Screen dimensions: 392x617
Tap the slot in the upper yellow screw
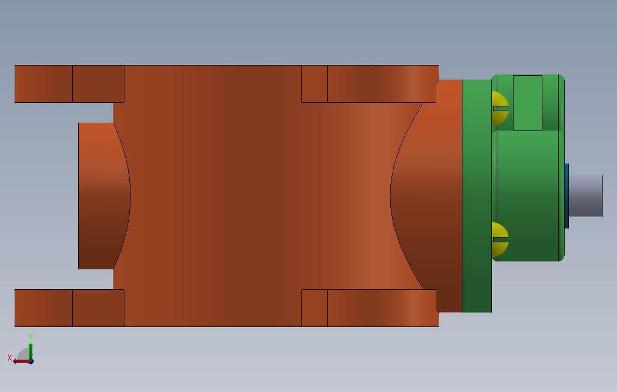pyautogui.click(x=501, y=109)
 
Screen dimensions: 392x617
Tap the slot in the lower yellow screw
pyautogui.click(x=501, y=239)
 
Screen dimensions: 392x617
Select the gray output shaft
pyautogui.click(x=585, y=195)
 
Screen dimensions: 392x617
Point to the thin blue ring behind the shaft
pyautogui.click(x=566, y=196)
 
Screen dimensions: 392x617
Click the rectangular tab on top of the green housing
pyautogui.click(x=527, y=103)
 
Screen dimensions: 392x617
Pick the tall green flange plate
pyautogui.click(x=477, y=196)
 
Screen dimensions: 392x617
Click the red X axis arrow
pyautogui.click(x=20, y=361)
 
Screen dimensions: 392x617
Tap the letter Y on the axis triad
pyautogui.click(x=31, y=337)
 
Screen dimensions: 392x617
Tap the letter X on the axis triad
pyautogui.click(x=10, y=358)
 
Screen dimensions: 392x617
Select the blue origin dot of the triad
pyautogui.click(x=31, y=361)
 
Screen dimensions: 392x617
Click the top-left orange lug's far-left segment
pyautogui.click(x=43, y=84)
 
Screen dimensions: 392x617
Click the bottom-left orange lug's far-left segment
pyautogui.click(x=43, y=308)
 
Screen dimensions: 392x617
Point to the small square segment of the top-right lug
pyautogui.click(x=315, y=84)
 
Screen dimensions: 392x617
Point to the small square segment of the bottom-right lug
pyautogui.click(x=315, y=308)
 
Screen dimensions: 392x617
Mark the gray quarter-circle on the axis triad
pyautogui.click(x=24, y=355)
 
